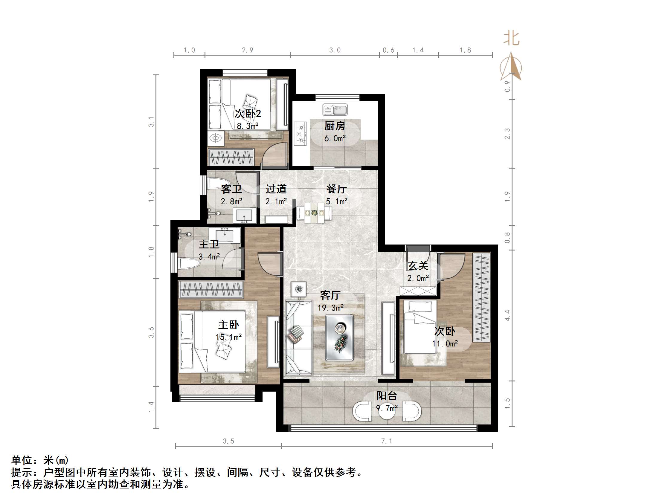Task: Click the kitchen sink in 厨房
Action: pyautogui.click(x=335, y=110)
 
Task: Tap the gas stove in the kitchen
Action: pyautogui.click(x=300, y=133)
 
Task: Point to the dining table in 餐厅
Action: pyautogui.click(x=314, y=213)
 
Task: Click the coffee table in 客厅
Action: pyautogui.click(x=339, y=337)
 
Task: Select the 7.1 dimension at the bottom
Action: pyautogui.click(x=387, y=441)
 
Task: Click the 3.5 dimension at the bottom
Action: pyautogui.click(x=228, y=441)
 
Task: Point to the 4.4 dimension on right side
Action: pyautogui.click(x=507, y=315)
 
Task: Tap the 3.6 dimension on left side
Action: pyautogui.click(x=151, y=332)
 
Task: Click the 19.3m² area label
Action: pyautogui.click(x=330, y=308)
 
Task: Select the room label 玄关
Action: pyautogui.click(x=418, y=266)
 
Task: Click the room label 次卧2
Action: pyautogui.click(x=248, y=114)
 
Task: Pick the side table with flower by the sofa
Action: pyautogui.click(x=298, y=289)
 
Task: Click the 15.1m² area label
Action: pyautogui.click(x=229, y=337)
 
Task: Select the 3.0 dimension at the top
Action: pyautogui.click(x=335, y=50)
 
